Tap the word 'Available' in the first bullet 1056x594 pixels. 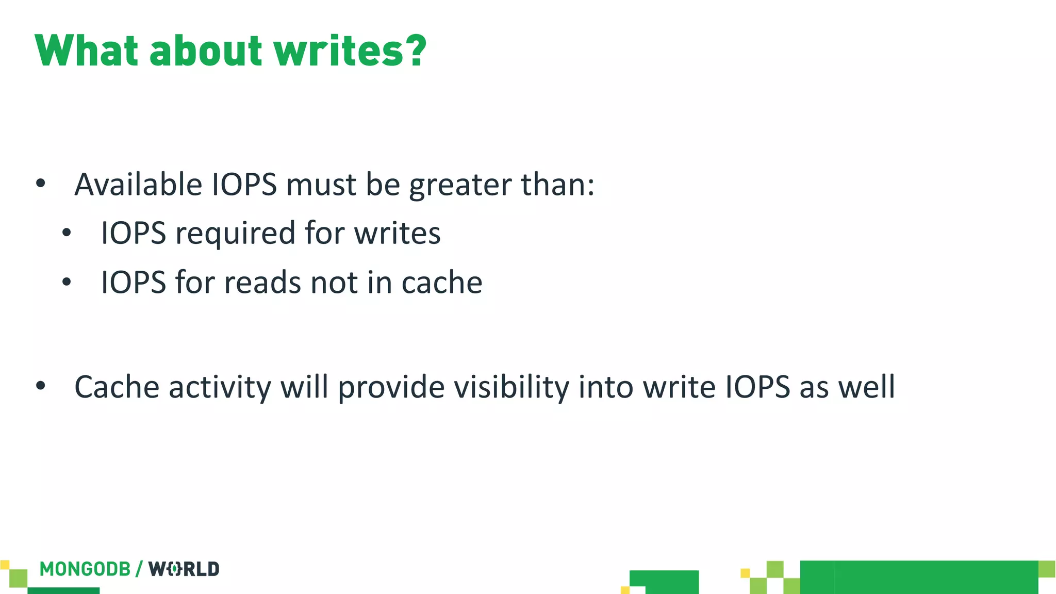click(138, 184)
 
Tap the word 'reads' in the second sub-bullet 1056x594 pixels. click(262, 283)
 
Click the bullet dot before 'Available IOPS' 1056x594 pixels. click(41, 184)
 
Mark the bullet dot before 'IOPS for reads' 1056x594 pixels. click(67, 282)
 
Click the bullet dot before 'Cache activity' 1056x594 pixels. click(41, 386)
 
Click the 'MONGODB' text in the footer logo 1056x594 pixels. click(85, 569)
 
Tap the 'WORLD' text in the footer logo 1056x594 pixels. click(184, 569)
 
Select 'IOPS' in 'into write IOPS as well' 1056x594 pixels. click(757, 387)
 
